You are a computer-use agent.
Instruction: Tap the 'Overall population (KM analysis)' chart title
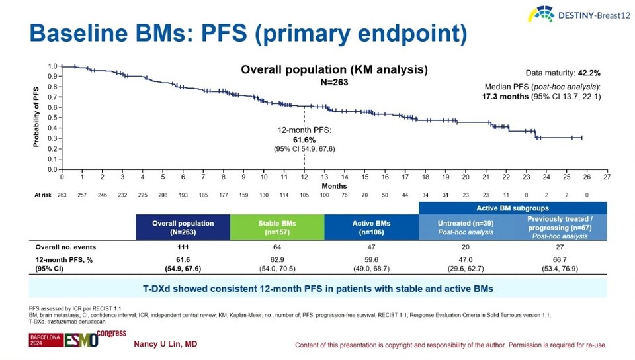coord(333,69)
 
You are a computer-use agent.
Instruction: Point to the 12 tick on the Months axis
coord(304,177)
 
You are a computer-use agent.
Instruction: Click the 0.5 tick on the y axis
coord(52,118)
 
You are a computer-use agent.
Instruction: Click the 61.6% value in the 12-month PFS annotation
coord(305,140)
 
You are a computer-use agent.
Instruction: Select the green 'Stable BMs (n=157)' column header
coord(278,227)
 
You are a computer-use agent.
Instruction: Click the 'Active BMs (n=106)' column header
coord(372,227)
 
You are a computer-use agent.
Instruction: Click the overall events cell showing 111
coord(183,247)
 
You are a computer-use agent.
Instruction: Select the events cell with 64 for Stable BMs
coord(278,247)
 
